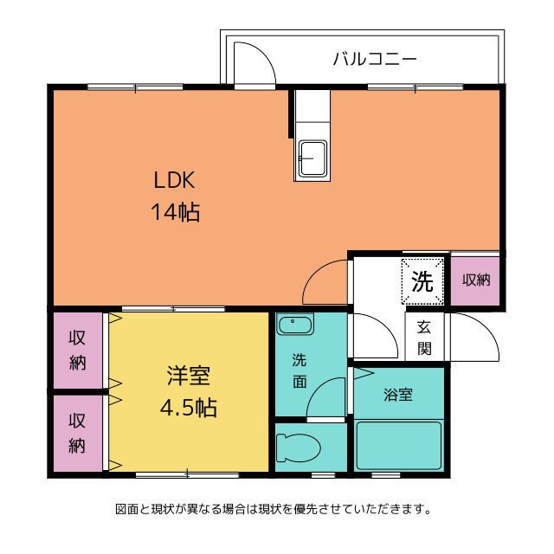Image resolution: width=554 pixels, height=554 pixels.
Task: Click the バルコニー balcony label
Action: click(375, 60)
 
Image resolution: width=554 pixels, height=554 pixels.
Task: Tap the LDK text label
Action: click(177, 181)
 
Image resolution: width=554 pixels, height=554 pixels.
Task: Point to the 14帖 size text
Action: click(177, 212)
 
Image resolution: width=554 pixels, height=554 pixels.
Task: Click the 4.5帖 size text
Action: click(189, 406)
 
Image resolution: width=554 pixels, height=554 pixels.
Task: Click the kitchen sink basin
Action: click(312, 158)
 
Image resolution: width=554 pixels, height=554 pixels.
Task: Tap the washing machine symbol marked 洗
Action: click(422, 280)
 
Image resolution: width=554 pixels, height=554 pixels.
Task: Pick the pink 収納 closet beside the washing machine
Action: click(475, 280)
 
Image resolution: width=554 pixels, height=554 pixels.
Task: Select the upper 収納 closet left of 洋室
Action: click(78, 350)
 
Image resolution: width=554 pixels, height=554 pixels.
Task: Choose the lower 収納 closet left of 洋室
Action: click(78, 433)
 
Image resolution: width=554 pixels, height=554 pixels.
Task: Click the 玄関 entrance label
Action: click(424, 338)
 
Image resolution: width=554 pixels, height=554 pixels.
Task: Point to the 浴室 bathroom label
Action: click(398, 395)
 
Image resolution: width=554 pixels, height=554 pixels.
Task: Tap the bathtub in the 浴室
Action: click(399, 444)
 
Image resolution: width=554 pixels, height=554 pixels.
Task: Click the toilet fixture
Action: click(297, 448)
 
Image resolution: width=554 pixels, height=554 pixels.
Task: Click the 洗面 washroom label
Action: click(298, 370)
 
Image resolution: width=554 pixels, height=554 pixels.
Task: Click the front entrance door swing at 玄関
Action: click(475, 338)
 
